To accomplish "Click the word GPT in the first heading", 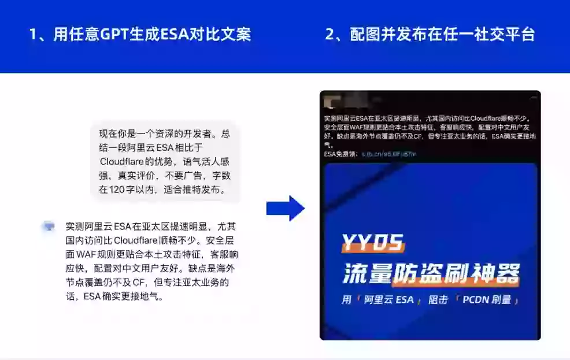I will [x=114, y=34].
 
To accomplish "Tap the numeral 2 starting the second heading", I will [x=330, y=34].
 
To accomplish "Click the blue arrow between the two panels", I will [x=285, y=209].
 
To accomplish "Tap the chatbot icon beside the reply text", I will [x=49, y=227].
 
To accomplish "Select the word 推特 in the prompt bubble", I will [x=191, y=189].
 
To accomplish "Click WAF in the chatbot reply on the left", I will [x=87, y=254].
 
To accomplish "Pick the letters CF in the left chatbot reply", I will [x=139, y=283].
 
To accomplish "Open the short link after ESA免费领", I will [x=388, y=154].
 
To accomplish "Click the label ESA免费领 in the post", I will [x=342, y=154].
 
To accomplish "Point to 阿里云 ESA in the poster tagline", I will [x=388, y=300].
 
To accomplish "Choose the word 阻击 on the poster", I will [x=438, y=300].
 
